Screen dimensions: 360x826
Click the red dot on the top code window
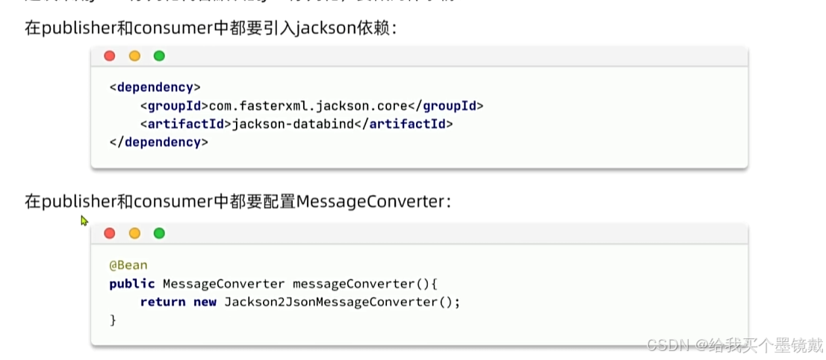tap(110, 56)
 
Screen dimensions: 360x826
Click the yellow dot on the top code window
tap(134, 56)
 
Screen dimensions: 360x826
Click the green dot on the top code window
tap(159, 56)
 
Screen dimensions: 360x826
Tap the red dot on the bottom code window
tap(110, 233)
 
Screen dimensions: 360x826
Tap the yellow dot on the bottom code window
tap(134, 233)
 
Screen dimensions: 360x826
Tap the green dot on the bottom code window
tap(159, 233)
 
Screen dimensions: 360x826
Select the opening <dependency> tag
tap(155, 87)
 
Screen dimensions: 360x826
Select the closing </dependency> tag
tap(158, 142)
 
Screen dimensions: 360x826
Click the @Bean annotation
tap(128, 265)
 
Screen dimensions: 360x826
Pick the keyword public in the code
tap(131, 284)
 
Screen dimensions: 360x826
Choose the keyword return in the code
tap(162, 302)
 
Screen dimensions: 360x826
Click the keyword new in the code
tap(205, 302)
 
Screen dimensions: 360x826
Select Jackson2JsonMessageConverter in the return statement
tap(329, 302)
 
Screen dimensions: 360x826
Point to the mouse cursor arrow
tap(84, 220)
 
